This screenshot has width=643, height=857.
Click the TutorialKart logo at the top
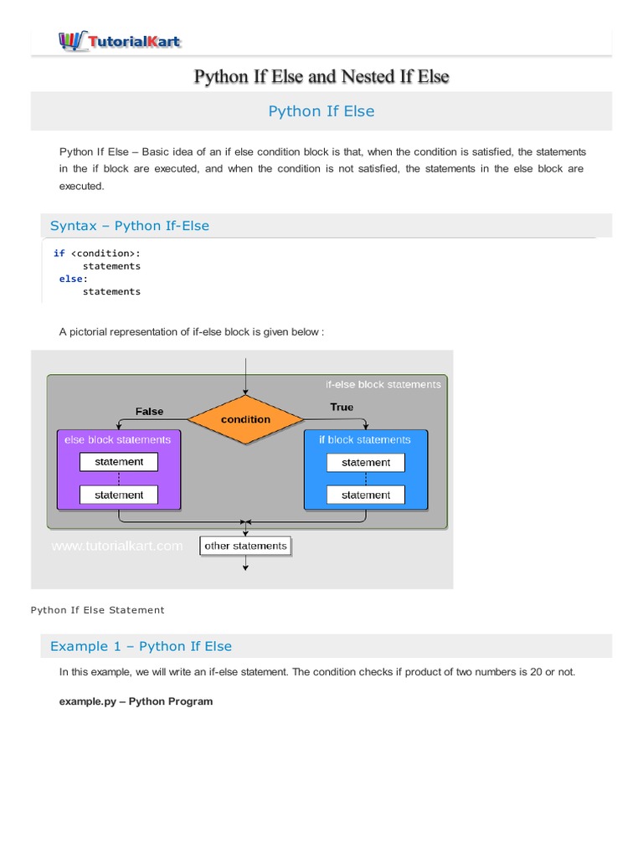(x=119, y=39)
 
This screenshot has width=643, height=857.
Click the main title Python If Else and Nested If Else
(x=321, y=77)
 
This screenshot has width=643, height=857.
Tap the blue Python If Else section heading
(x=321, y=111)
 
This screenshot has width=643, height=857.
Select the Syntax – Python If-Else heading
(x=130, y=226)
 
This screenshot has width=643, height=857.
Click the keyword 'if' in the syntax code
(x=59, y=253)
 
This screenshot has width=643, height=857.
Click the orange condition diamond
(x=245, y=418)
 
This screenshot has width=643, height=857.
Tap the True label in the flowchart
(x=342, y=407)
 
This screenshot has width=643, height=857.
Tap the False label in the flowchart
(x=150, y=411)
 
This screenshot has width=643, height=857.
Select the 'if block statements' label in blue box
(x=365, y=439)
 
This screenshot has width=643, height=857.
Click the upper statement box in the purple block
(x=119, y=462)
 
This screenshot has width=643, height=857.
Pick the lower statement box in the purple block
(x=119, y=495)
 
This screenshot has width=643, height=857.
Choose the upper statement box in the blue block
(x=366, y=462)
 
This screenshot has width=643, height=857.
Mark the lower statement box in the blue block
(x=366, y=495)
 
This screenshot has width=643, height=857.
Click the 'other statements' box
(x=245, y=546)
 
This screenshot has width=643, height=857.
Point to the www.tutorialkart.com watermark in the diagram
(x=117, y=546)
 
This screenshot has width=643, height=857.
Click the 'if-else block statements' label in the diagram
(x=383, y=384)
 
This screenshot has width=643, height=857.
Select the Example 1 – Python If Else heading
(x=141, y=646)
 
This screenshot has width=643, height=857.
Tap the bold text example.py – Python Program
(x=136, y=701)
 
